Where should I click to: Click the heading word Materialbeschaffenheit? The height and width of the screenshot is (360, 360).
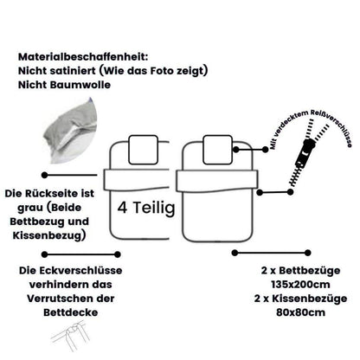tap(83, 56)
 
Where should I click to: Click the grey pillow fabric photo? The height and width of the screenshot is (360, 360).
tap(69, 132)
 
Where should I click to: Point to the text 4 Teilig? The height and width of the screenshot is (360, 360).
tap(146, 208)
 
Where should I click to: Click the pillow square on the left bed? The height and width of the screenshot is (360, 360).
tap(144, 150)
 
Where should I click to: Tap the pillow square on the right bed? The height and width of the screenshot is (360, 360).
tap(217, 150)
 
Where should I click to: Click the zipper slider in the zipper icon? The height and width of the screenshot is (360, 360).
tap(306, 151)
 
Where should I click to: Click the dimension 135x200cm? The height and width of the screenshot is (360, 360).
tap(300, 285)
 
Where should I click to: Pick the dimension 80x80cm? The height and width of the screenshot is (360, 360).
tap(300, 312)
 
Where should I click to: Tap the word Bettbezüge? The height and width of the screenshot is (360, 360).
tap(310, 271)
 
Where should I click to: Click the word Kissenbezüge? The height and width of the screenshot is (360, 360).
tap(310, 299)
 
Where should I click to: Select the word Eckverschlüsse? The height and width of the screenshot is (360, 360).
tap(81, 271)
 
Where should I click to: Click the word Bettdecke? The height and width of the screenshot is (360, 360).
tap(71, 312)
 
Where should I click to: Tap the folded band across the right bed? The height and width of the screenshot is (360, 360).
tap(217, 181)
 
